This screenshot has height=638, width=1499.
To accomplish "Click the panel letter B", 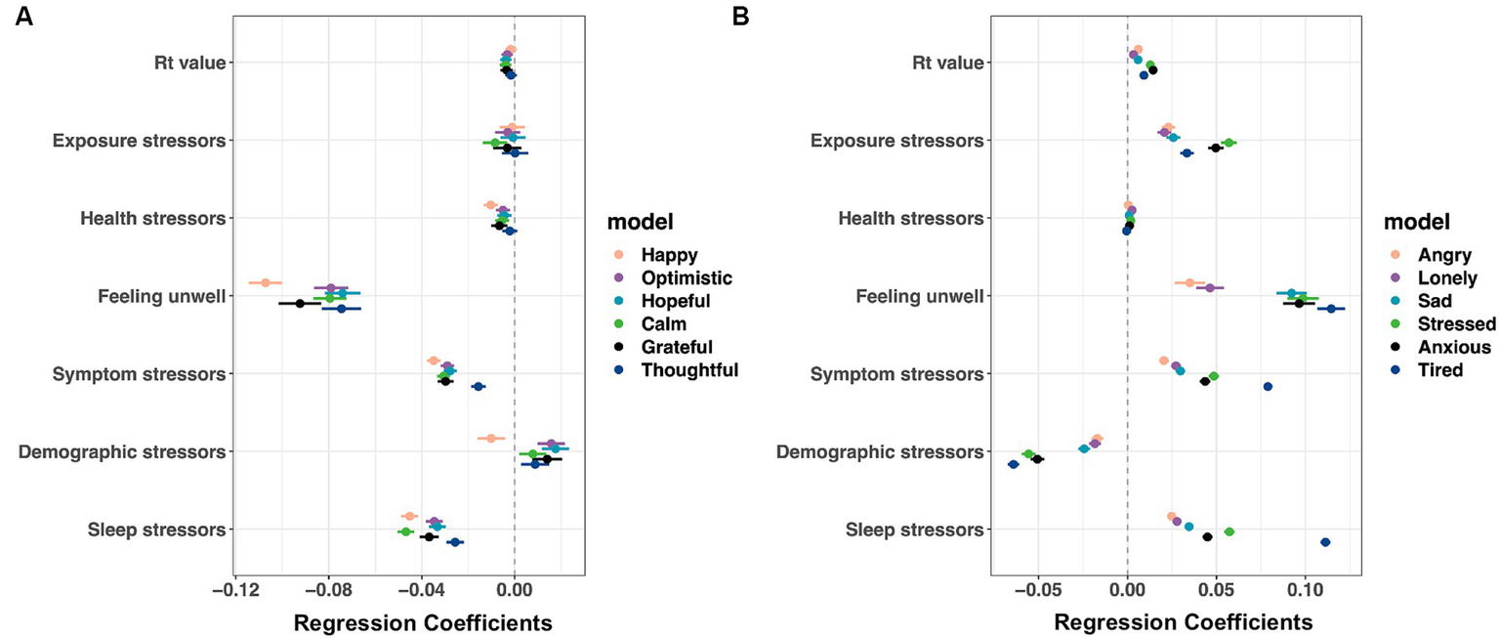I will pos(741,17).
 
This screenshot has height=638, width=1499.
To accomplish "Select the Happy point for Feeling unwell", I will pos(265,282).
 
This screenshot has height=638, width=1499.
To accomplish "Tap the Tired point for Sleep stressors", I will pos(1325,542).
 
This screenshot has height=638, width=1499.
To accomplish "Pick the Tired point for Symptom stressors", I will pos(1268,387).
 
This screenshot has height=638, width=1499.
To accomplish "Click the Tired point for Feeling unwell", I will pos(1331,309).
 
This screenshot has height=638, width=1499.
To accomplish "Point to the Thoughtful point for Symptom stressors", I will pos(479,387).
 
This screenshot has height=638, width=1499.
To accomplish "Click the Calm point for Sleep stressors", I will pos(405,532).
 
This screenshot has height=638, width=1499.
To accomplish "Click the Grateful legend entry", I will pos(676,347).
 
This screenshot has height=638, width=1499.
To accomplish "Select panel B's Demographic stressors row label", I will pos(879,452).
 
